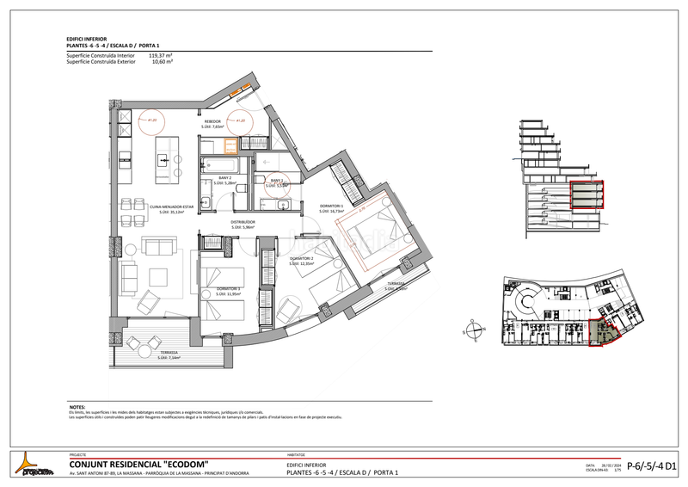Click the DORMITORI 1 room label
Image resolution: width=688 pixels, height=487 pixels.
(331, 207)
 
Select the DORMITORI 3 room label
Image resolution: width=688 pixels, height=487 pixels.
(229, 289)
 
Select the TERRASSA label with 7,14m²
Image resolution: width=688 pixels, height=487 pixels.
(168, 354)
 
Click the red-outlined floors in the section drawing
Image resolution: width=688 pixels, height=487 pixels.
(588, 195)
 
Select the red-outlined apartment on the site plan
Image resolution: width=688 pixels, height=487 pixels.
(604, 334)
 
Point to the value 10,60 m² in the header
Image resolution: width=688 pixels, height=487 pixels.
(163, 62)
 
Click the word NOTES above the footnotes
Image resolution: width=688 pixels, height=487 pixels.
(77, 407)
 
